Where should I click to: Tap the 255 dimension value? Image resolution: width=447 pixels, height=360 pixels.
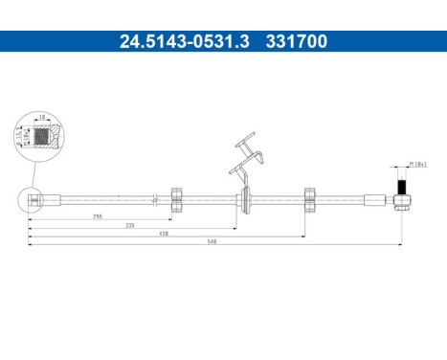pos(98,217)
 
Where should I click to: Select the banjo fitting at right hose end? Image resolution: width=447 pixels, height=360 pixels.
pos(404,199)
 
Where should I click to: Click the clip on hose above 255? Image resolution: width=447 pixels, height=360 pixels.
pos(177,198)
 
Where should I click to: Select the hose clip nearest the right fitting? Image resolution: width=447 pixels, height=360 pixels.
pos(309,198)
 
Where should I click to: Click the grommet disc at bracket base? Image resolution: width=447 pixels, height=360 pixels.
pos(247,199)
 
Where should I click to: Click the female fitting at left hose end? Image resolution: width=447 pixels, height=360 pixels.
pos(34,199)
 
